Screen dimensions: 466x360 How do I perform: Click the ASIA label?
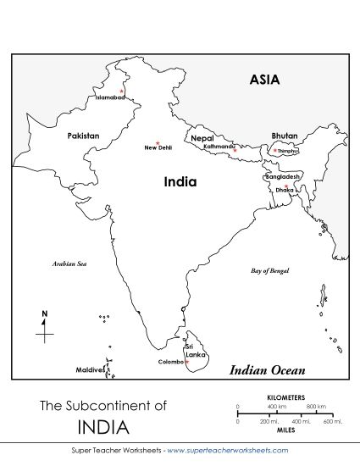[x=264, y=80]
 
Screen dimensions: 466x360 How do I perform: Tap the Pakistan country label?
[x=83, y=136]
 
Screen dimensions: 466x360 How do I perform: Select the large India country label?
[x=180, y=182]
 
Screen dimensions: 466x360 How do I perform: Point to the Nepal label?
[x=202, y=138]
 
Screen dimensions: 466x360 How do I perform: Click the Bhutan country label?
[x=285, y=136]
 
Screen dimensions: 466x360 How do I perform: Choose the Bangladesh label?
[x=282, y=177]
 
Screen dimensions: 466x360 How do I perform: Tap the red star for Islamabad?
[x=122, y=91]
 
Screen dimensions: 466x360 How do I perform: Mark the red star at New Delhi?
[x=158, y=142]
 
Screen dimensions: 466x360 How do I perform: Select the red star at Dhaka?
[x=286, y=186]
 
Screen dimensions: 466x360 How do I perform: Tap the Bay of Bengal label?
[x=270, y=271]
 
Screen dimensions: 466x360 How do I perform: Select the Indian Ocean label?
[x=268, y=370]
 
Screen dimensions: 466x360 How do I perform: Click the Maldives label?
[x=89, y=370]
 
